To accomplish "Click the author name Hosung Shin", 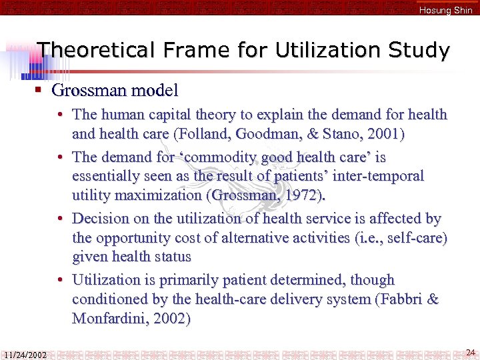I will [445, 10].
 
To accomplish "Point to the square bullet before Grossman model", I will [39, 89].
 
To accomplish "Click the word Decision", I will [101, 218].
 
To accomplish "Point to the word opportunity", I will [137, 237].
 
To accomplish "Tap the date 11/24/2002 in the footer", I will [25, 355].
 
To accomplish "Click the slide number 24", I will [470, 351].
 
